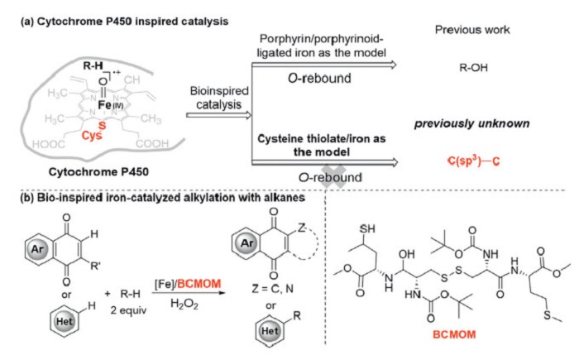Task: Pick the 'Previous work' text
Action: (469, 31)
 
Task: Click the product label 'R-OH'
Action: (469, 71)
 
